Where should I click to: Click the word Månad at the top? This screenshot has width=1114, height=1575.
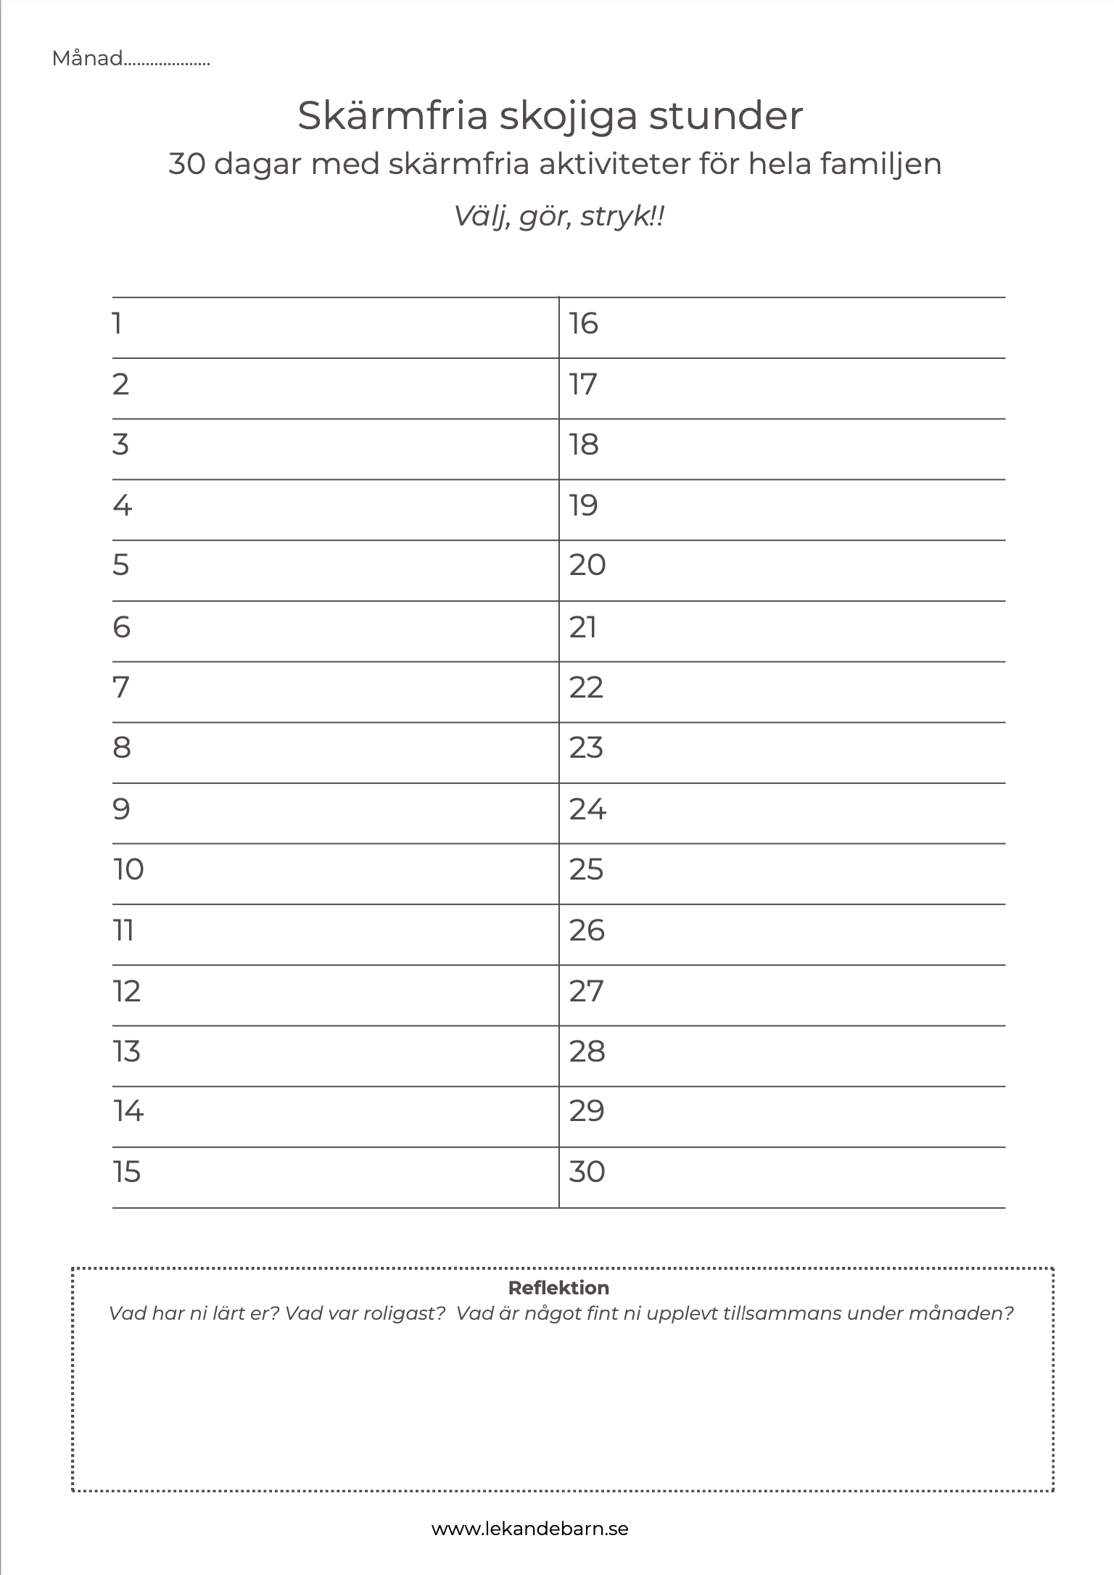point(88,59)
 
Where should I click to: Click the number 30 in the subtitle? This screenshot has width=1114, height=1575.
point(187,164)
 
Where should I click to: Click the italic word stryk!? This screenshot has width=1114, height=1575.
point(622,216)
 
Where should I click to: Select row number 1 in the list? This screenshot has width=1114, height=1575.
point(117,323)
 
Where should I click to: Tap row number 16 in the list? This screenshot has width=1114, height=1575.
point(583,323)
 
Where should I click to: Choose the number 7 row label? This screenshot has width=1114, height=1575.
point(121,687)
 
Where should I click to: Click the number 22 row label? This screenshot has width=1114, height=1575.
point(586,687)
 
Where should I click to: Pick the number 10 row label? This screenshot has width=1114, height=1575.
point(128,869)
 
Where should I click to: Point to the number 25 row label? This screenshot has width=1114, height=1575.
point(586,869)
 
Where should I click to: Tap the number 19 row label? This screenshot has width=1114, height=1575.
point(583,505)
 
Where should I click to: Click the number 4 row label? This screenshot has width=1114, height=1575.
point(123,505)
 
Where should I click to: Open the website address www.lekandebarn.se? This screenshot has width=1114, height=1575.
point(530,1529)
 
